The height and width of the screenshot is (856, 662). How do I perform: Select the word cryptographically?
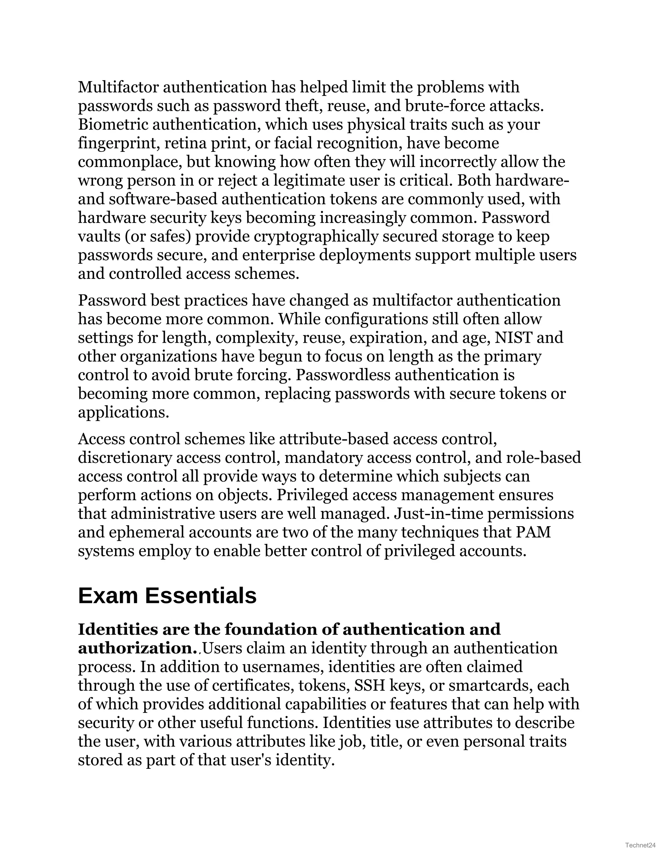point(316,237)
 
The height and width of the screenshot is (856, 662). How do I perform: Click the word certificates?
point(253,685)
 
